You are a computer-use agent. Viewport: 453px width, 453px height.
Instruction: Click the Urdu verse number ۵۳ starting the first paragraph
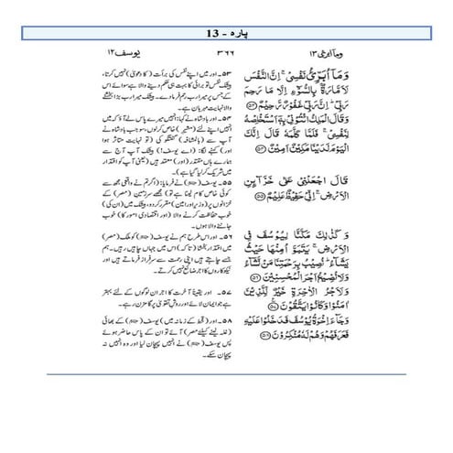pyautogui.click(x=209, y=70)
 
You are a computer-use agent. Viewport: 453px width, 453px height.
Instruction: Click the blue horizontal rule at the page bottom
pyautogui.click(x=226, y=374)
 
